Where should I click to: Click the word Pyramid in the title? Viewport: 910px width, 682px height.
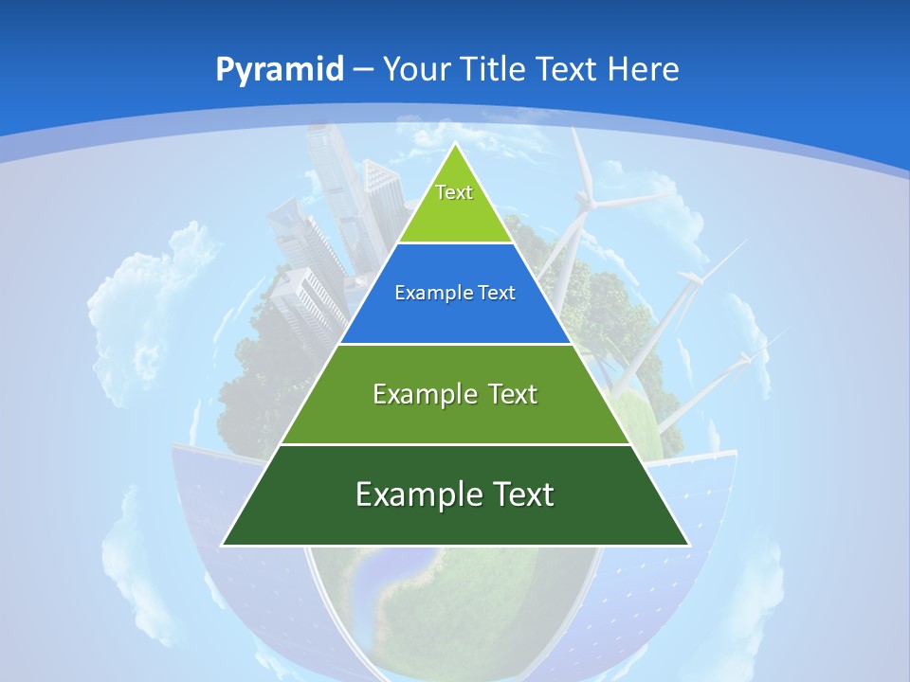pos(280,69)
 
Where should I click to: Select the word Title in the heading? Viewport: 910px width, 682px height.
pos(494,69)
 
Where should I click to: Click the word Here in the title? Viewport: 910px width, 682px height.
pos(643,69)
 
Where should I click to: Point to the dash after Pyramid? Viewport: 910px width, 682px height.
pos(363,70)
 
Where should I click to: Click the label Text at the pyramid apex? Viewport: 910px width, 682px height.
pos(454,192)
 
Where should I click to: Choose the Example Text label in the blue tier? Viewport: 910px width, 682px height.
pos(455,293)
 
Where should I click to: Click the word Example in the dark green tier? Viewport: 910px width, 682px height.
pos(414,494)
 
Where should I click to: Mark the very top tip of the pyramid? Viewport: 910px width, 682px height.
pos(455,145)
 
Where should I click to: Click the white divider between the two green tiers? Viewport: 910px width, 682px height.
pos(455,444)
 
